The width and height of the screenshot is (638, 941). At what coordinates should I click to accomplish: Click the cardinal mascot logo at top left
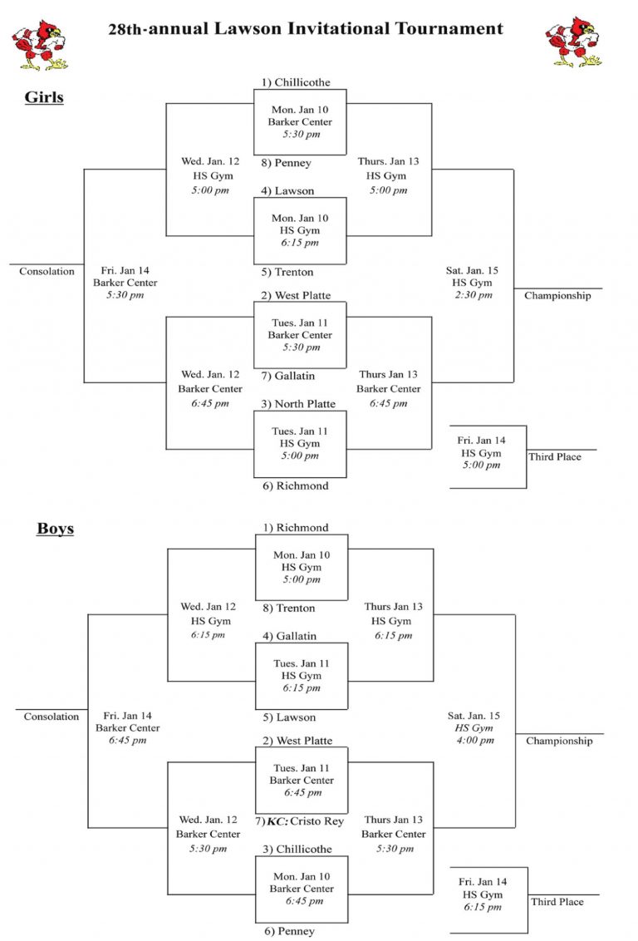40,45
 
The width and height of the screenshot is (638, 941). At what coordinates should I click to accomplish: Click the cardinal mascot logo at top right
573,42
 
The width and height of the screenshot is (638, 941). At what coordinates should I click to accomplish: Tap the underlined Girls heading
44,97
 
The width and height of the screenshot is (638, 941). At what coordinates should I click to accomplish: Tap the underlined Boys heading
55,528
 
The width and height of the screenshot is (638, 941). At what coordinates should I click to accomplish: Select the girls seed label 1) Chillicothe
296,82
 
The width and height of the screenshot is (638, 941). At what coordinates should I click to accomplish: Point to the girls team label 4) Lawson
287,191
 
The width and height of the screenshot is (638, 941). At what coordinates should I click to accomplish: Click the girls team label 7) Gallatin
287,376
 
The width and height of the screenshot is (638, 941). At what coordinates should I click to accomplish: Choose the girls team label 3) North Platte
298,404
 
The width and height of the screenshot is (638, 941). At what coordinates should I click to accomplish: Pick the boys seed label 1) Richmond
296,528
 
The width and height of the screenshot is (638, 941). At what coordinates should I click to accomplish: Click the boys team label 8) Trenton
288,608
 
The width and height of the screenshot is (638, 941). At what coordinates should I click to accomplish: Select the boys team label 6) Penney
289,931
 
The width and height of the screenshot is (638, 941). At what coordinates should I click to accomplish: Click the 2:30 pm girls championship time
474,294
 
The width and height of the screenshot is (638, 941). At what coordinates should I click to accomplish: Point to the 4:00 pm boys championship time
475,740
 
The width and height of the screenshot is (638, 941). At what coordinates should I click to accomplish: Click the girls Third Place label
555,456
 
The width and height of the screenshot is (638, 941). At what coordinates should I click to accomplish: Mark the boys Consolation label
51,716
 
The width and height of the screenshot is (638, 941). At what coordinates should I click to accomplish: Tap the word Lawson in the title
248,28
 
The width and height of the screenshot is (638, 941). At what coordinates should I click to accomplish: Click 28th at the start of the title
125,29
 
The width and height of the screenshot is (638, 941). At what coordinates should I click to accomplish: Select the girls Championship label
557,295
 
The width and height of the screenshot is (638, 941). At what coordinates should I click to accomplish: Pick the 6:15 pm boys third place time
483,907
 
